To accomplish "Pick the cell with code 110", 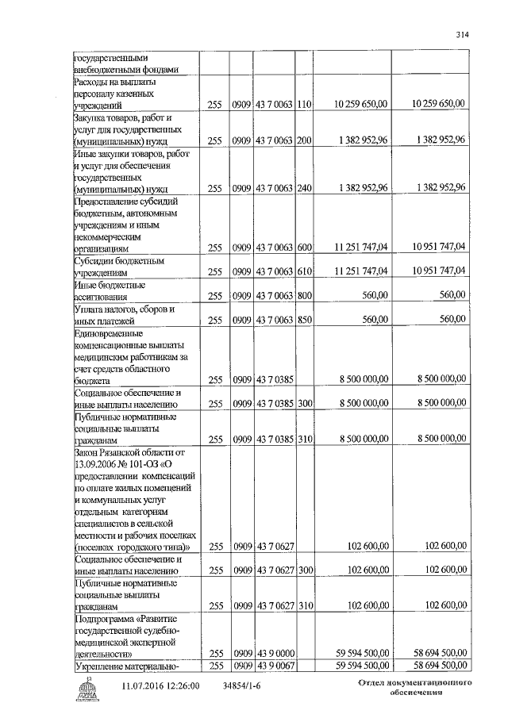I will (304, 104).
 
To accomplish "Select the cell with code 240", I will (304, 189).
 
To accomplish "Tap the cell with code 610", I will (304, 271).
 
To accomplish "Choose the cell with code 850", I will (304, 320).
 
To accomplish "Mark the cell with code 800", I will (304, 296).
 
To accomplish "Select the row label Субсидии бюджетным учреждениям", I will (119, 266).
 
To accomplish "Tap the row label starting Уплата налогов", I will (119, 314).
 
